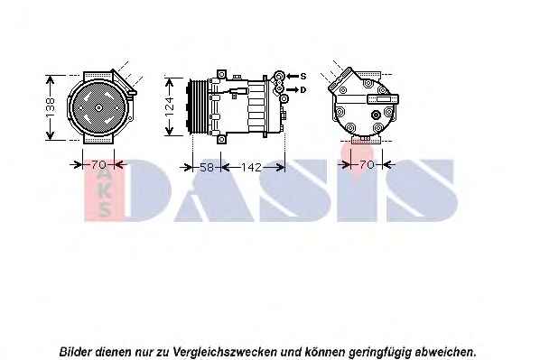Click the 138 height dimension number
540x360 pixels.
click(51, 107)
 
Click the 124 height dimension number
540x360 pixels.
click(170, 106)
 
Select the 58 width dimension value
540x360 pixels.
click(207, 167)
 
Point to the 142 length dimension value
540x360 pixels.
click(252, 167)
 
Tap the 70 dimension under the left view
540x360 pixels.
click(98, 165)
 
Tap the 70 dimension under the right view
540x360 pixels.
click(367, 165)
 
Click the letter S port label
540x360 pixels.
click(303, 76)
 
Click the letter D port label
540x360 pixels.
click(303, 90)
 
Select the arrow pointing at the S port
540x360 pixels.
click(293, 76)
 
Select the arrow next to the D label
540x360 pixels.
click(293, 90)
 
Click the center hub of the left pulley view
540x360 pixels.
click(98, 107)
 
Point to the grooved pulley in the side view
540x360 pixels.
click(198, 106)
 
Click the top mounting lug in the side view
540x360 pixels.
click(221, 75)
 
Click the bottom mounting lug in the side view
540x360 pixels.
click(221, 139)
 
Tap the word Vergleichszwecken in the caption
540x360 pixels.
click(225, 352)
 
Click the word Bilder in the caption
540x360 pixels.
click(76, 352)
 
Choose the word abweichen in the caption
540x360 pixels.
click(446, 352)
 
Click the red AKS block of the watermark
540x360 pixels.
click(104, 190)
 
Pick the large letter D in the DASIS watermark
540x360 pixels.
click(149, 190)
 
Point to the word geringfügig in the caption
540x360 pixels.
click(380, 353)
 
